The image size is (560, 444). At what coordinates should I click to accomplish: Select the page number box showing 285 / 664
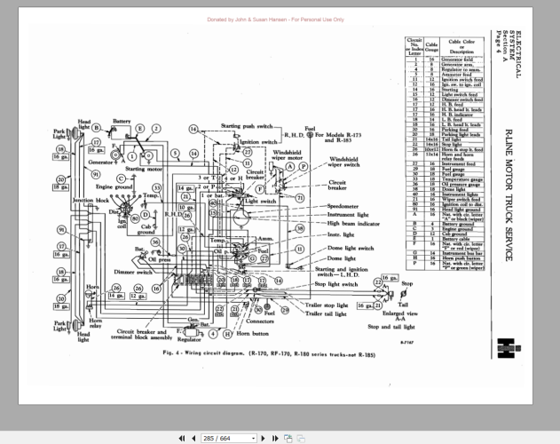pos(230,438)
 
